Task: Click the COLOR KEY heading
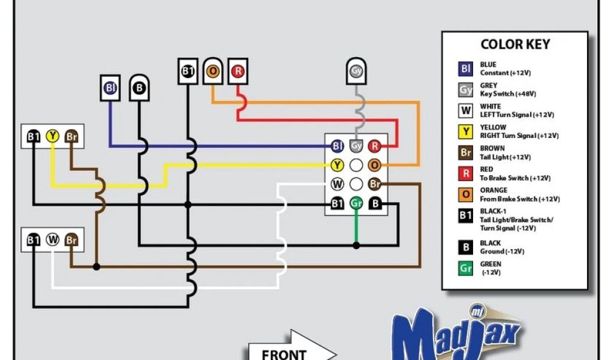coord(515,44)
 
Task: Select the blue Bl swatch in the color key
coord(466,69)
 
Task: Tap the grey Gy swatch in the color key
coord(466,90)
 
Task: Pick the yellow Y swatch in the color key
coord(466,132)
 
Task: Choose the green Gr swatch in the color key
coord(466,268)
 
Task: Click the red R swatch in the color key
coord(466,174)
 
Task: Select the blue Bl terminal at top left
coord(110,88)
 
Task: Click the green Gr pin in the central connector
coord(356,204)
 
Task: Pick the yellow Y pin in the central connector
coord(338,165)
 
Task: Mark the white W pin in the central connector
coord(338,184)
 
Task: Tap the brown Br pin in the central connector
coord(375,184)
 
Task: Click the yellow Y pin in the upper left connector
coord(53,136)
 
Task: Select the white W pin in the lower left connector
coord(53,240)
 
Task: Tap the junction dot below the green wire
coord(356,245)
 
